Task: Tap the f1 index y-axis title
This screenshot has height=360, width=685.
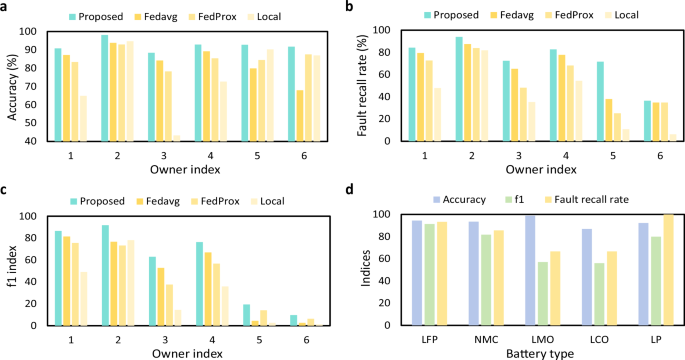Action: click(x=11, y=270)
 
